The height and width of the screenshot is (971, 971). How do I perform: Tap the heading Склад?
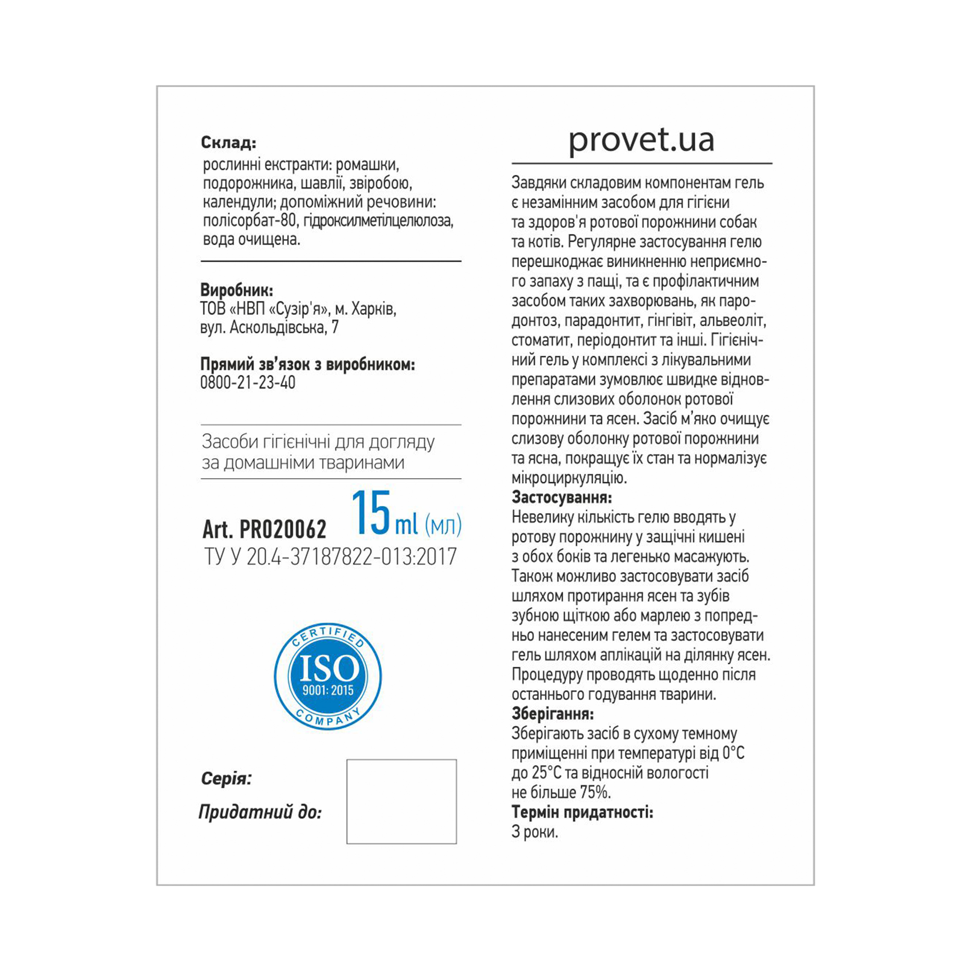click(x=229, y=143)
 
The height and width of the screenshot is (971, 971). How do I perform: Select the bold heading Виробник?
click(x=237, y=290)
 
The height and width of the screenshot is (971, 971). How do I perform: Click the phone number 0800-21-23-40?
click(x=248, y=383)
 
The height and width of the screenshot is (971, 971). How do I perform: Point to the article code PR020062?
click(x=283, y=529)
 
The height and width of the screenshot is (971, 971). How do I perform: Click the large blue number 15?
click(x=371, y=513)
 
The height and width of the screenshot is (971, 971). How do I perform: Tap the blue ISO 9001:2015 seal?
click(x=328, y=676)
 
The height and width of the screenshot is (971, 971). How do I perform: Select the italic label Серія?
click(x=226, y=779)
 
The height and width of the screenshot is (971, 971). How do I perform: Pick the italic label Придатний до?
click(x=260, y=812)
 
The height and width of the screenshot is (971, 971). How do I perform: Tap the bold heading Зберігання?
click(x=553, y=714)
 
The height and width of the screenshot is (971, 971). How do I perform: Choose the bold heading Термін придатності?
click(x=583, y=812)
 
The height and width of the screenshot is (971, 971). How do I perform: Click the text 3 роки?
click(x=535, y=832)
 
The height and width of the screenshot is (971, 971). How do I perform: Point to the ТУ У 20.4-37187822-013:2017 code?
click(x=330, y=557)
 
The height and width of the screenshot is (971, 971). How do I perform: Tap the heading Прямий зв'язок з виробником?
click(x=308, y=365)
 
